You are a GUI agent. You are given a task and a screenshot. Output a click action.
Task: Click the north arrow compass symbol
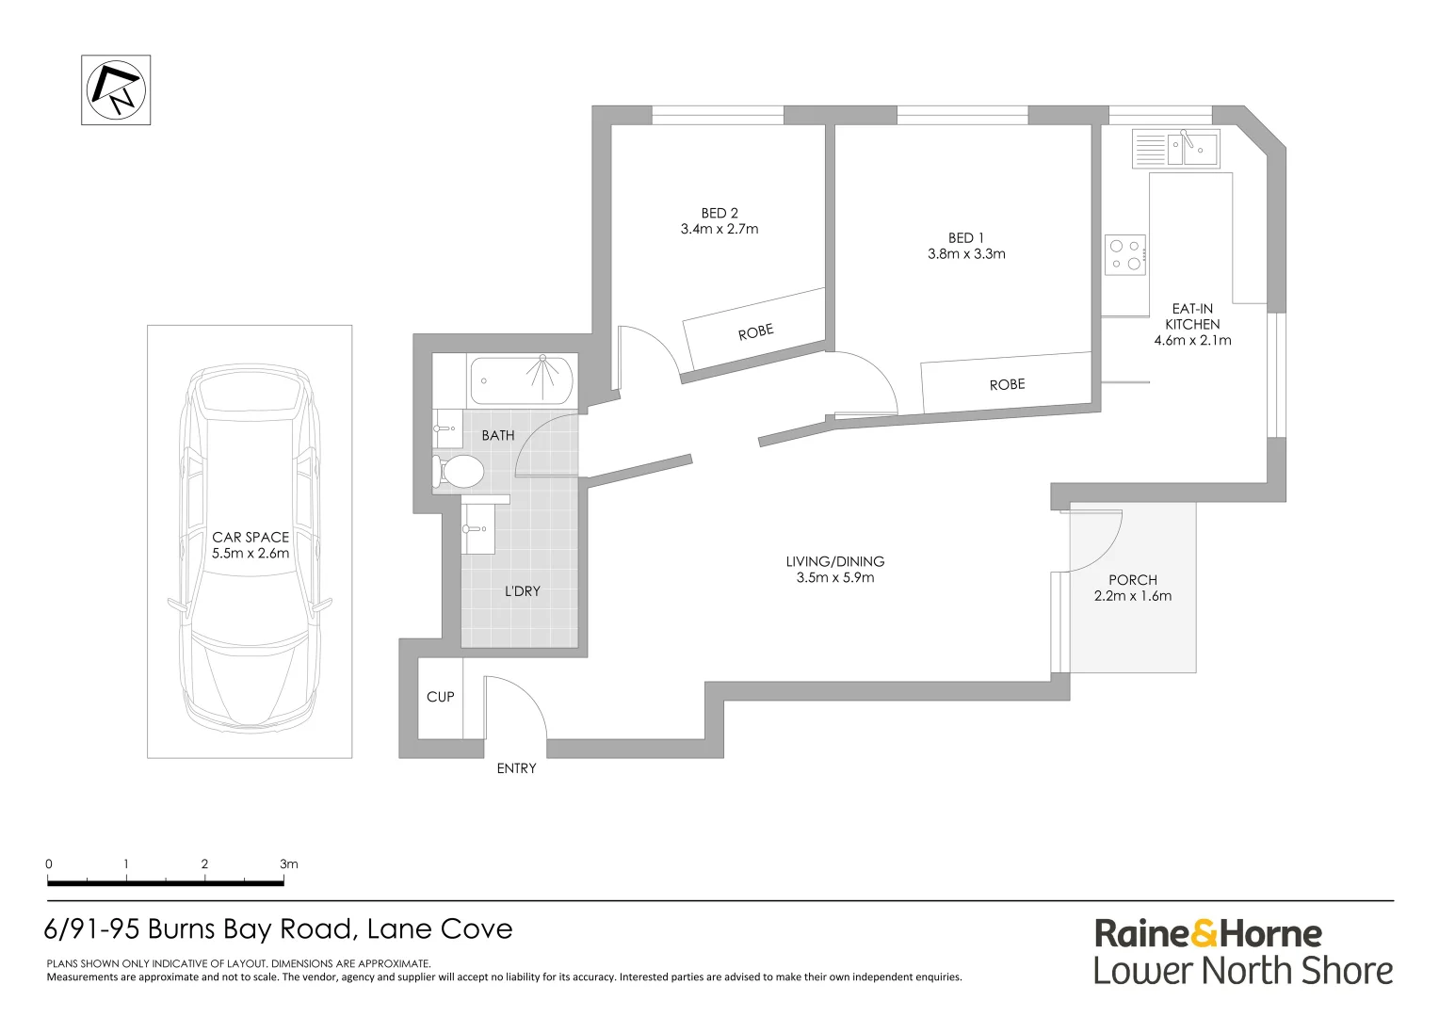pyautogui.click(x=116, y=89)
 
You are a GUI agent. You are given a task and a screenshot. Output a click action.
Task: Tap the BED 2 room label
pyautogui.click(x=719, y=213)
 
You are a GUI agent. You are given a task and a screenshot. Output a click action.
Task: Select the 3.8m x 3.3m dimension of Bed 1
pyautogui.click(x=966, y=253)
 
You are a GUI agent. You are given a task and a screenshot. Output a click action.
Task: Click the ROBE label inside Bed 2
pyautogui.click(x=755, y=331)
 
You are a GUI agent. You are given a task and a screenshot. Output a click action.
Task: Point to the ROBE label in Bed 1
pyautogui.click(x=1007, y=384)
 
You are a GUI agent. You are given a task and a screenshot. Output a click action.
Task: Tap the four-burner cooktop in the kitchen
pyautogui.click(x=1125, y=254)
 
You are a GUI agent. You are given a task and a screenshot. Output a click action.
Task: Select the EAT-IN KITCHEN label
pyautogui.click(x=1192, y=316)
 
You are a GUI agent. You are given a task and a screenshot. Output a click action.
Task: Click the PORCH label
pyautogui.click(x=1133, y=580)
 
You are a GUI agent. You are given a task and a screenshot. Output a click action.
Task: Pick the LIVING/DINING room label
pyautogui.click(x=835, y=561)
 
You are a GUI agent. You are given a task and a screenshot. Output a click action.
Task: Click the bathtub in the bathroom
pyautogui.click(x=522, y=380)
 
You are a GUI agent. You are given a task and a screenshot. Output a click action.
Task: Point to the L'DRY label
pyautogui.click(x=523, y=591)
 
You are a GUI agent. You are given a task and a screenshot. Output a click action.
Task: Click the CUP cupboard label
pyautogui.click(x=440, y=697)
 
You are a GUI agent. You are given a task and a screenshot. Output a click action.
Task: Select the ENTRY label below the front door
pyautogui.click(x=516, y=768)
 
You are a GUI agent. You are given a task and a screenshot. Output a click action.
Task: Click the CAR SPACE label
pyautogui.click(x=251, y=537)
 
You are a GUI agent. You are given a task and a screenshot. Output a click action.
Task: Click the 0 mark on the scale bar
pyautogui.click(x=49, y=864)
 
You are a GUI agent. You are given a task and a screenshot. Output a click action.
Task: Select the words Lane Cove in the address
pyautogui.click(x=440, y=929)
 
